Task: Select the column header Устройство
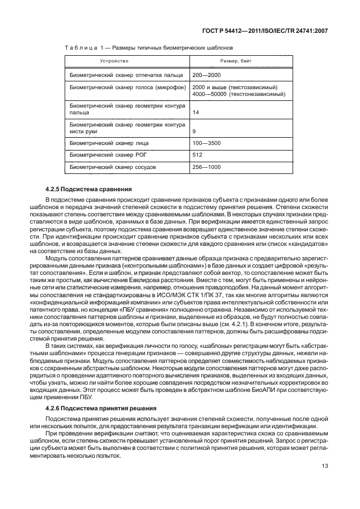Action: pos(114,60)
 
